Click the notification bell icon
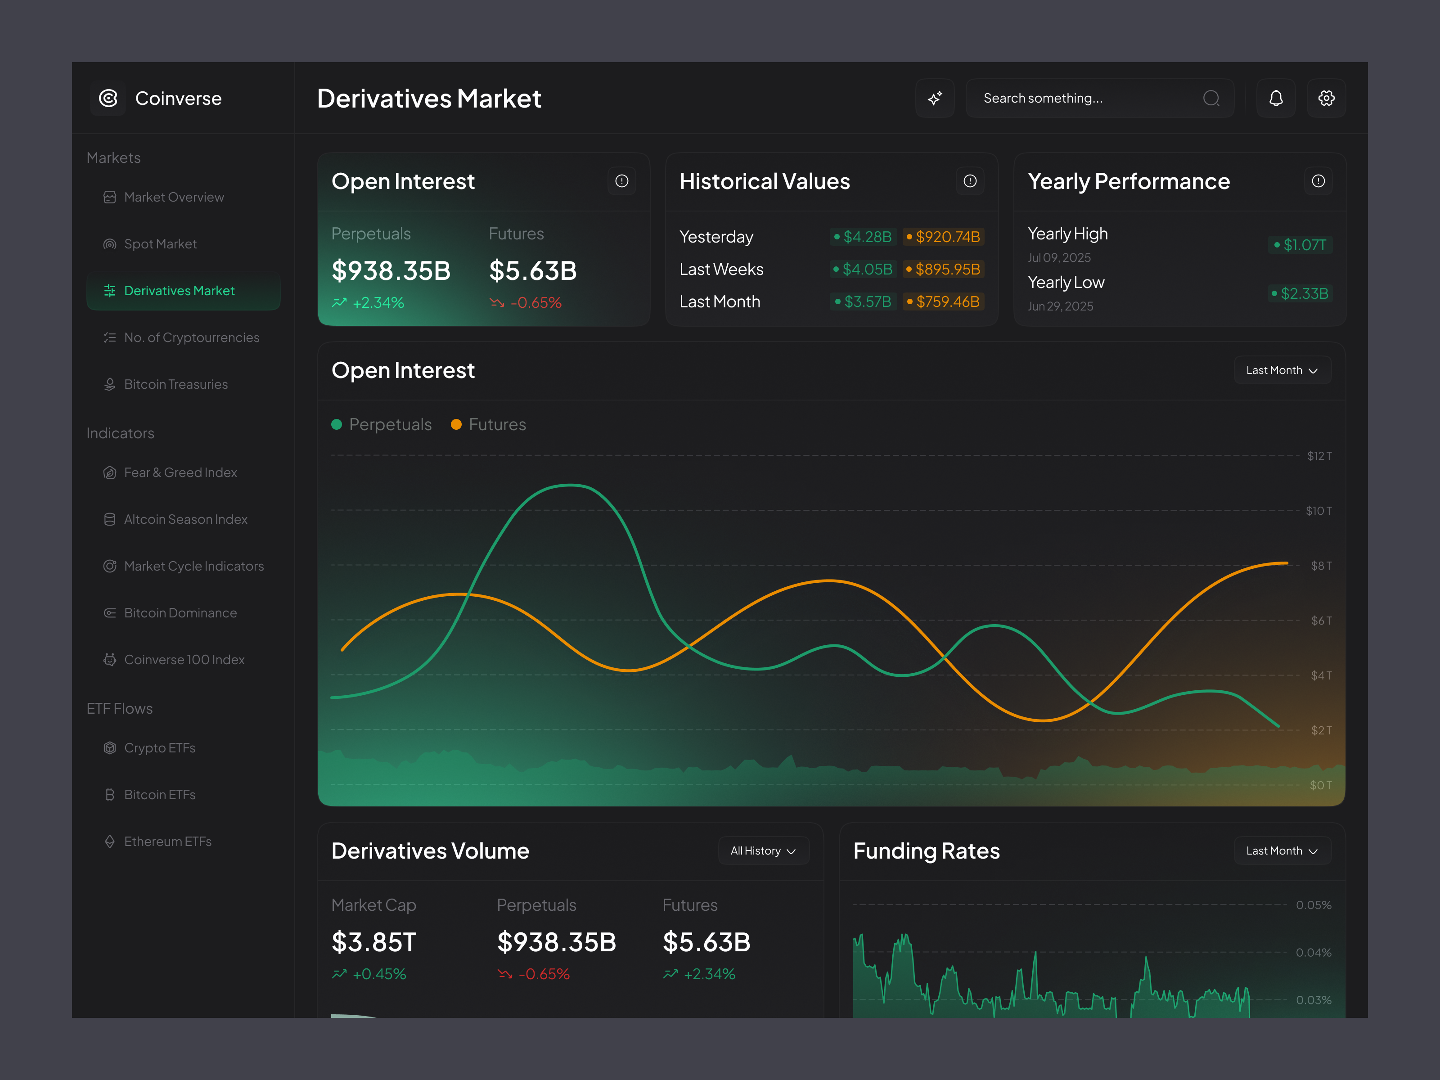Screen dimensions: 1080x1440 pos(1275,98)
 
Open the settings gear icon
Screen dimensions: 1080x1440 pos(1326,98)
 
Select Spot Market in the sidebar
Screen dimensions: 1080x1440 pos(160,244)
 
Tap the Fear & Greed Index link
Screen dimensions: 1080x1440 pos(180,472)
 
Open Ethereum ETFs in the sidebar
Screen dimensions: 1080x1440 pos(167,842)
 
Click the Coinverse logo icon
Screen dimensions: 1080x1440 pos(108,98)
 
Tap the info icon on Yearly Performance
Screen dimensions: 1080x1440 pos(1318,181)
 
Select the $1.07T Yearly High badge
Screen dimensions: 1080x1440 pos(1300,245)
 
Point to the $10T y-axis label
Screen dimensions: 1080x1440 pos(1318,511)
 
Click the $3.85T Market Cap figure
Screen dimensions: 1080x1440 pos(373,942)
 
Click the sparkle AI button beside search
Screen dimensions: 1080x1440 pos(935,98)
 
